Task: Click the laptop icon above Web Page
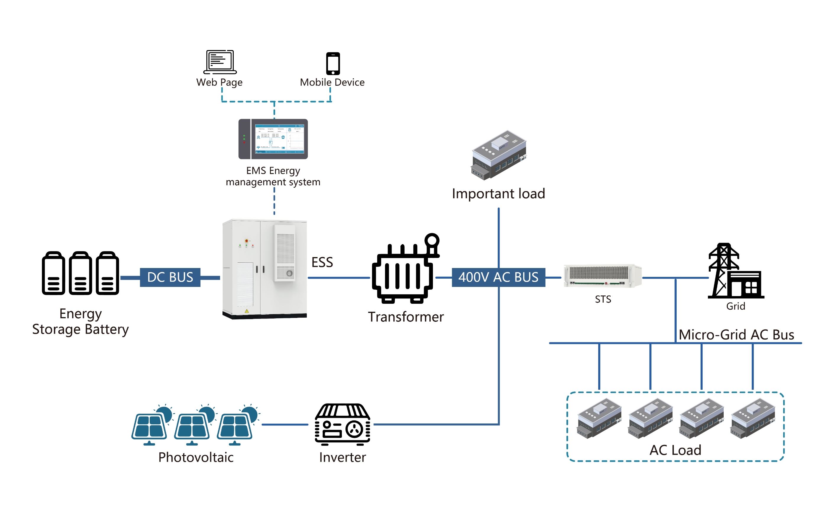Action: coord(220,62)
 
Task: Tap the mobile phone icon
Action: coord(333,64)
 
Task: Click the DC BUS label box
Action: coord(170,277)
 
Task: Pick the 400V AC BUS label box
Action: coord(498,277)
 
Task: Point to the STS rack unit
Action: coord(602,276)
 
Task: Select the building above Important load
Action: coord(499,155)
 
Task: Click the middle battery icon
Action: coord(80,273)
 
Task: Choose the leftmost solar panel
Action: coord(150,426)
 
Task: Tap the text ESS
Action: coord(322,262)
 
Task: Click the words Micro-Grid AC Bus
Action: coord(736,334)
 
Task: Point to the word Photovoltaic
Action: coord(196,457)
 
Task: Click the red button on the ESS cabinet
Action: coord(246,241)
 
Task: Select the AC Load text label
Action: coord(675,450)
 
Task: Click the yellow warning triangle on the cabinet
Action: coord(247,311)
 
